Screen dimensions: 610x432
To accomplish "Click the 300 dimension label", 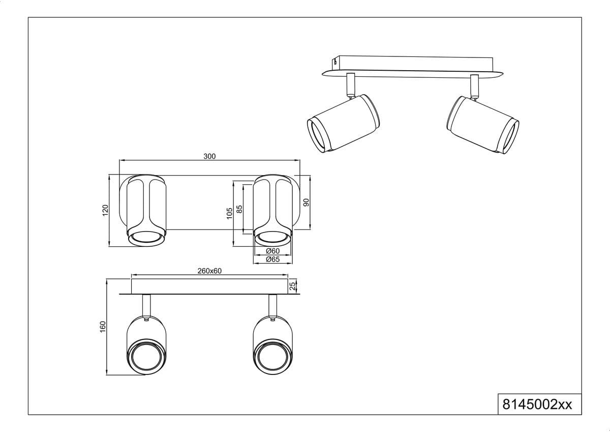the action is click(209, 156).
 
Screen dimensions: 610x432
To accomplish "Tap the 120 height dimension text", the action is click(105, 210).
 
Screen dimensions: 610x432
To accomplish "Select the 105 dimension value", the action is click(230, 213).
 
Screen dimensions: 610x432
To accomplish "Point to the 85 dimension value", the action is click(239, 209).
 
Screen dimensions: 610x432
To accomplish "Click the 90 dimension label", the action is click(307, 202).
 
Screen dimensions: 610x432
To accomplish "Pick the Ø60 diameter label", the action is click(272, 251).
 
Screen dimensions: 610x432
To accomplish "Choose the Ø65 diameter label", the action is click(272, 259).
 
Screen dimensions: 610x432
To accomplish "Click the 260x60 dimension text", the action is click(209, 271).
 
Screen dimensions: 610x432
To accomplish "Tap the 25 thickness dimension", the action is click(292, 286).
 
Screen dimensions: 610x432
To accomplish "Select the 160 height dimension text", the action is click(103, 327).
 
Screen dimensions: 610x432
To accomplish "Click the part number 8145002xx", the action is click(537, 405).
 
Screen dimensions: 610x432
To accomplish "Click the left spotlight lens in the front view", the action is click(147, 357).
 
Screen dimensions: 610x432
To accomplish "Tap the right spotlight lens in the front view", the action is click(272, 357).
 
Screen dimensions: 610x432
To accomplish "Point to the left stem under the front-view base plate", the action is click(146, 305).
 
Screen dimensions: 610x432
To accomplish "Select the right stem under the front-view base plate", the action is click(272, 305).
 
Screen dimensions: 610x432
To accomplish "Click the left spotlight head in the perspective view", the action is click(344, 123).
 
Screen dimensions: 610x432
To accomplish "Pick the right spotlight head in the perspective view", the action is click(482, 125).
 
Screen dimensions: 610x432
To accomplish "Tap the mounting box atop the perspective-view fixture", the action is click(413, 64).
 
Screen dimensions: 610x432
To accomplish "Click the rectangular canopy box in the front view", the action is click(209, 286).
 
